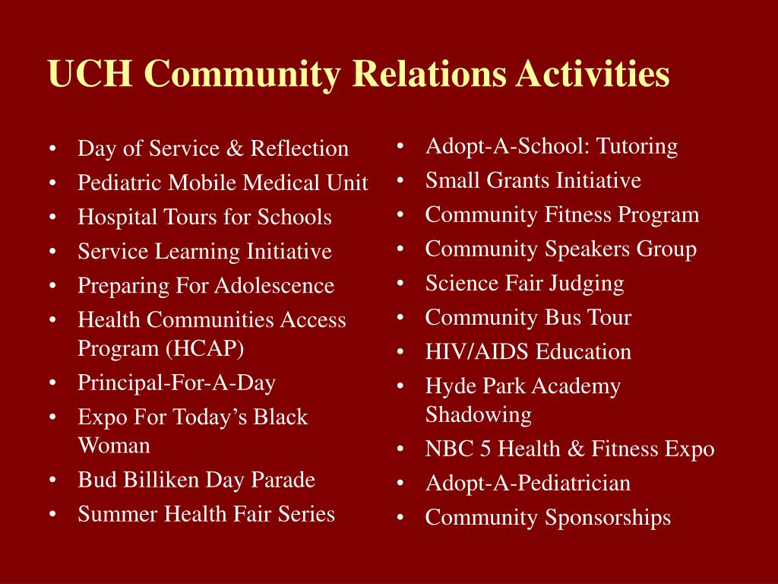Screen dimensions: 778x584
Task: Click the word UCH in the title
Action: click(90, 74)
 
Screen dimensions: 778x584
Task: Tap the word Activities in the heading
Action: click(593, 74)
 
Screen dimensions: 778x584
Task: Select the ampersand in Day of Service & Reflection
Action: click(235, 148)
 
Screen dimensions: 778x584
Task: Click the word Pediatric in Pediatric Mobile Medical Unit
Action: click(119, 182)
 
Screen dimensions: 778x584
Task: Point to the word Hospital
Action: click(117, 217)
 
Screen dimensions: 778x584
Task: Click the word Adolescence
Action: click(274, 286)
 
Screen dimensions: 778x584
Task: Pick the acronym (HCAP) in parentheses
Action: click(205, 348)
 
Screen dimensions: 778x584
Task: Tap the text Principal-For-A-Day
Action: click(176, 383)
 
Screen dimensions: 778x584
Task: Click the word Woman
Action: click(114, 445)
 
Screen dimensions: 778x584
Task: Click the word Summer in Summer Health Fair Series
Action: click(118, 514)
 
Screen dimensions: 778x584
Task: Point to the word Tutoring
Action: click(637, 147)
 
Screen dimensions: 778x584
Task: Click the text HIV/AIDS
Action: click(477, 352)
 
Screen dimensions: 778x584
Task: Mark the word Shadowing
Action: click(479, 415)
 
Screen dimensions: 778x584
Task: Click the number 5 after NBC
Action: click(485, 449)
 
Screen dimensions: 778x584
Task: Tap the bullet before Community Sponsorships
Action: click(400, 518)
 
